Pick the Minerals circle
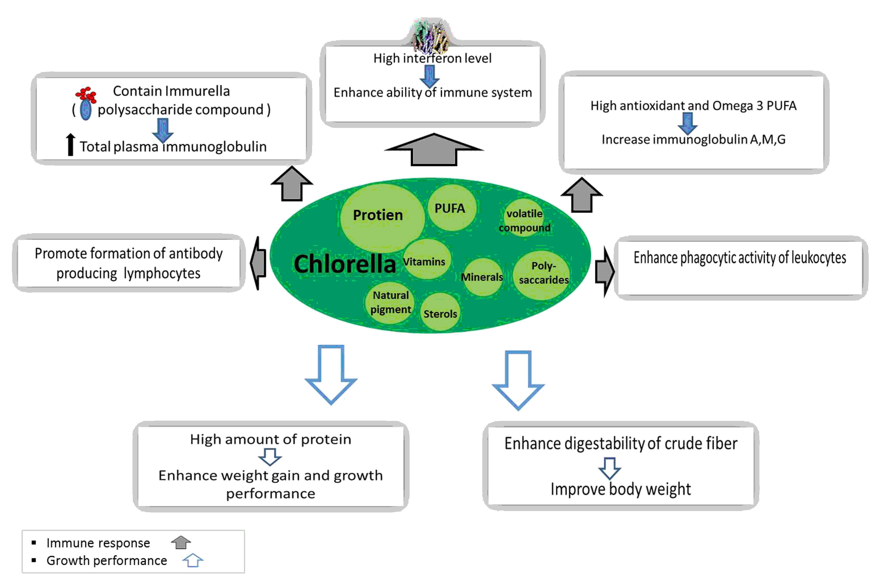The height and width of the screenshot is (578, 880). pos(483,277)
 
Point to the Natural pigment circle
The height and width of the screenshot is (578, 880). pos(390,302)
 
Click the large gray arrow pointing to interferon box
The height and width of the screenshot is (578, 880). pos(434,150)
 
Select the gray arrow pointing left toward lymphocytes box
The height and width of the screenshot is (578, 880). pos(258,263)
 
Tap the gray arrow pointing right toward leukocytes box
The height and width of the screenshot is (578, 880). pos(605,272)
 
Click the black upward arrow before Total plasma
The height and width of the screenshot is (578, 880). pos(70,145)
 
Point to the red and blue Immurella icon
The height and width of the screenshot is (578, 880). pos(86,103)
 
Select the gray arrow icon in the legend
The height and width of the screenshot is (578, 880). pos(181,543)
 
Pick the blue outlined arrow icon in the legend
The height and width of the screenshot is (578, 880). pos(193,561)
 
